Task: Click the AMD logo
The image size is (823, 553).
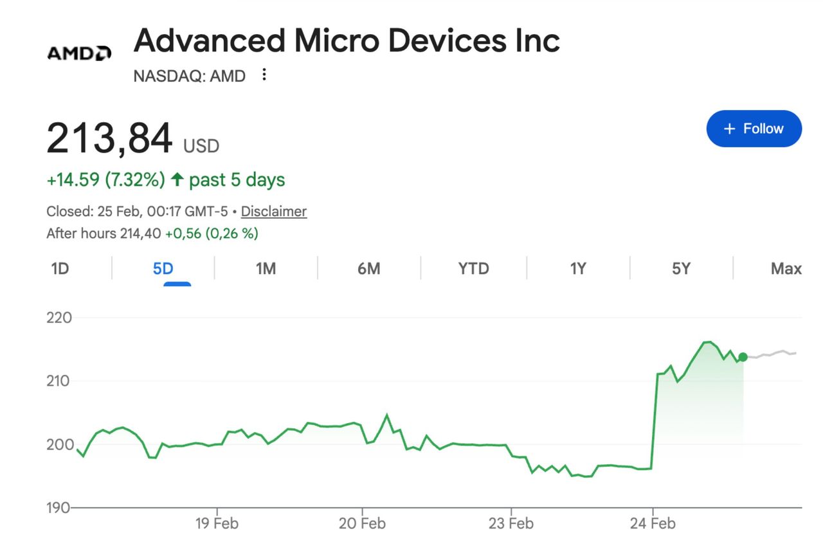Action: (x=79, y=53)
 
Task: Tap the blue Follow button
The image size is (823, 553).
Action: (x=754, y=129)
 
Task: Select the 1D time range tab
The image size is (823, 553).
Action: (x=60, y=268)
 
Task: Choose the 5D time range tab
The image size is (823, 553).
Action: (x=163, y=268)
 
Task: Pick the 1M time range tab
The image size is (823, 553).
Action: (x=266, y=268)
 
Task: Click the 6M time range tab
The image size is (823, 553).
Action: (x=369, y=268)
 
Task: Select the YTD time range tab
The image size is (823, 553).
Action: (x=473, y=268)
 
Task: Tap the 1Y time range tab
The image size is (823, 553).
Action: (x=578, y=268)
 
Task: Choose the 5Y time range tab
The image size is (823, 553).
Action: (x=681, y=268)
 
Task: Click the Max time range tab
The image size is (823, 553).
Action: (x=786, y=268)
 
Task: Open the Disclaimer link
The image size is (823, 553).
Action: (x=274, y=212)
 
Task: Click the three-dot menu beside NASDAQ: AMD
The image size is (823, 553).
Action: (x=264, y=75)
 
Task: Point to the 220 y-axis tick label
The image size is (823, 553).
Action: (x=59, y=318)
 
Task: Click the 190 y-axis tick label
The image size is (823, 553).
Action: (x=59, y=508)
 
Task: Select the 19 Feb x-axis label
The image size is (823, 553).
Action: (x=217, y=523)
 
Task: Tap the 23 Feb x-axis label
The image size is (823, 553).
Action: (x=511, y=523)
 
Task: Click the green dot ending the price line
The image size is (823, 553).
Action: (x=743, y=357)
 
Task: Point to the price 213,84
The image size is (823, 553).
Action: (x=109, y=138)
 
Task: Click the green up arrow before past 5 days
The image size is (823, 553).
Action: (x=177, y=180)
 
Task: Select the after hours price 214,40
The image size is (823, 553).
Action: (x=140, y=233)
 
